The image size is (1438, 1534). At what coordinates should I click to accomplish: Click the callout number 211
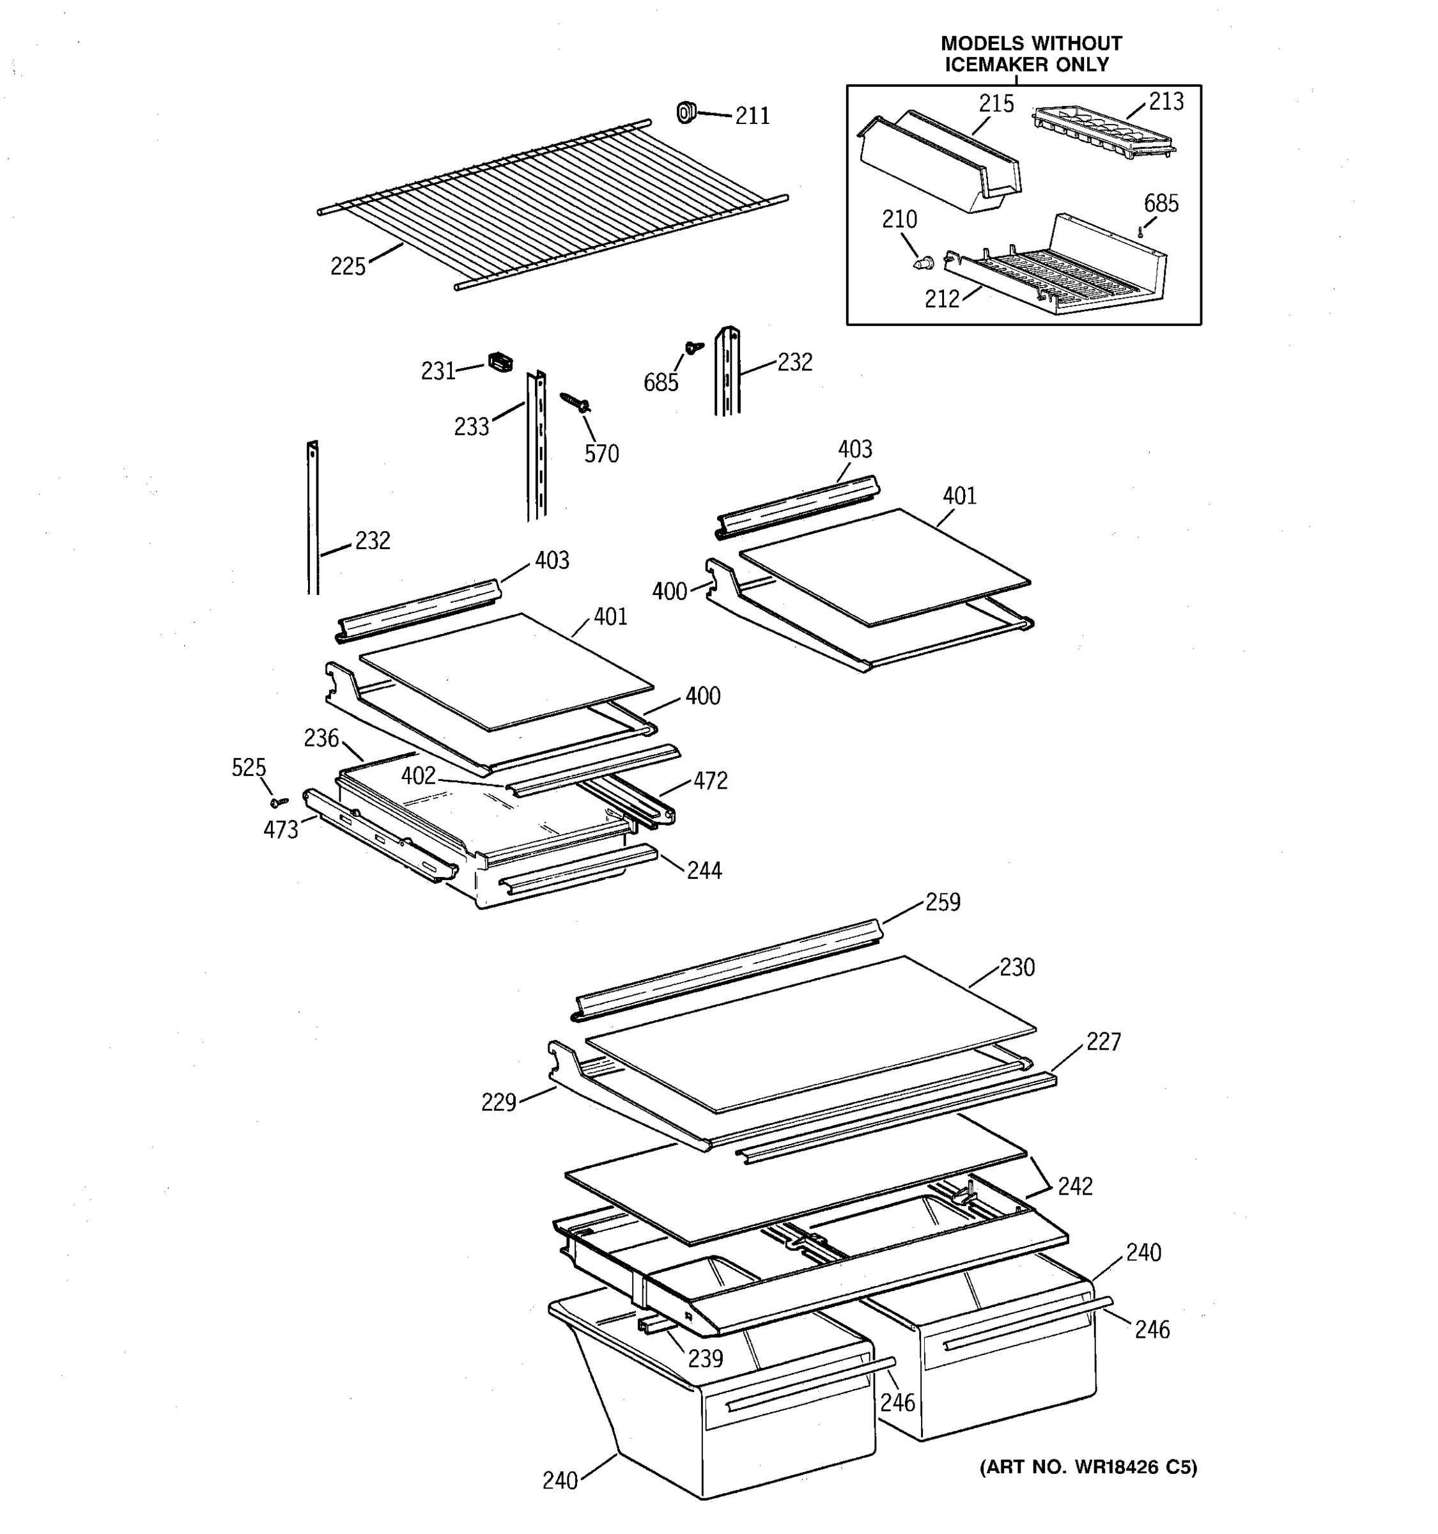[752, 116]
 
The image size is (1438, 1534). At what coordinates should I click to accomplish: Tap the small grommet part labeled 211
[685, 112]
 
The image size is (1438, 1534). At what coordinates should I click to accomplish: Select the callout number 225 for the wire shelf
[347, 266]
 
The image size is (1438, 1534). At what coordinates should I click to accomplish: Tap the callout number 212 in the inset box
[941, 298]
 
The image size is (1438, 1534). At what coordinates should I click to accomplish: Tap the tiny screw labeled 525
[279, 803]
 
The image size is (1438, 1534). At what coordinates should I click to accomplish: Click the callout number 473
[280, 830]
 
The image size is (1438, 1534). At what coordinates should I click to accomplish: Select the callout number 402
[418, 775]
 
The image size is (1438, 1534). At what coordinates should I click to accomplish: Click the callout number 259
[942, 901]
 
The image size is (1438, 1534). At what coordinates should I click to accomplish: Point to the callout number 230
[1017, 967]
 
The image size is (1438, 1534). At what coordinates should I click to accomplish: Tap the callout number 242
[1074, 1186]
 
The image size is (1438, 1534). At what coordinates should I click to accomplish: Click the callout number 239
[704, 1358]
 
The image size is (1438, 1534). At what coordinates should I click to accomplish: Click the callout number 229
[498, 1103]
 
